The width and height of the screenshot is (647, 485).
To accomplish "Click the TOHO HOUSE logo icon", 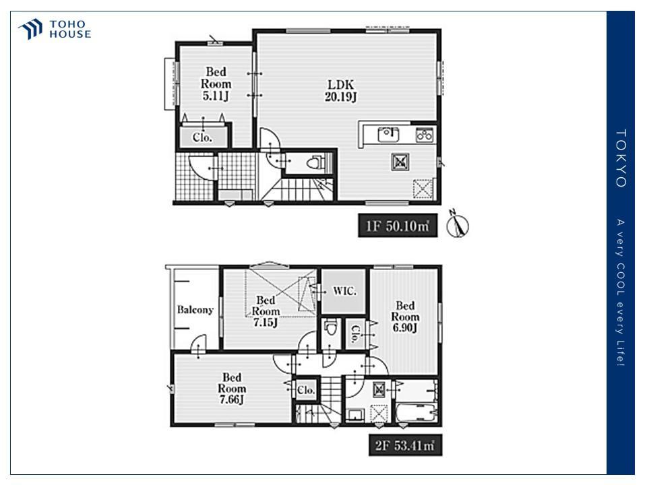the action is click(30, 29).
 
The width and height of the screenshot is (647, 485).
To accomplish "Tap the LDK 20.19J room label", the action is click(341, 91).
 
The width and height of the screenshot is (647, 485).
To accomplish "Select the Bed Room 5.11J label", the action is click(216, 84).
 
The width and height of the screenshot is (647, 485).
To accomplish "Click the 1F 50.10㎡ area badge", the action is click(398, 226).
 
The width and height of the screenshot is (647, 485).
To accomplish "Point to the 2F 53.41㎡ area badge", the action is click(405, 445).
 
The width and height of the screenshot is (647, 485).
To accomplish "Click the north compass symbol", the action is click(458, 225).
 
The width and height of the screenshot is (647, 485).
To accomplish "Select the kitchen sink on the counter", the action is click(388, 134).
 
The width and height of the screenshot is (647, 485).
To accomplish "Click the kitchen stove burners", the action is click(424, 135).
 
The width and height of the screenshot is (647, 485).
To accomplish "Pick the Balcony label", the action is click(195, 310).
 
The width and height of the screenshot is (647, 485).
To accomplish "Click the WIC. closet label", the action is click(344, 291).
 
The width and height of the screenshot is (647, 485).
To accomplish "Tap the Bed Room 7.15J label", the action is click(266, 311).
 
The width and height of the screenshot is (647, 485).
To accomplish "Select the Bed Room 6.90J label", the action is click(405, 317).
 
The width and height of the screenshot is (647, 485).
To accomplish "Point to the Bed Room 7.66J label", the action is click(231, 389).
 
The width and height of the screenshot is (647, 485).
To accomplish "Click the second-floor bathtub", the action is click(417, 413).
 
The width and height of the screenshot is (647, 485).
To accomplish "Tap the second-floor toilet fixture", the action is click(331, 329).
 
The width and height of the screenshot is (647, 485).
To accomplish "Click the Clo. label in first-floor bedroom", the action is click(202, 137).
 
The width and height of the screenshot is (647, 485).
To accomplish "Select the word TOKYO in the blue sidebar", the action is click(621, 158).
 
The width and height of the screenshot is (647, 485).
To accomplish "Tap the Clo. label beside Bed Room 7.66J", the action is click(306, 390).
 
